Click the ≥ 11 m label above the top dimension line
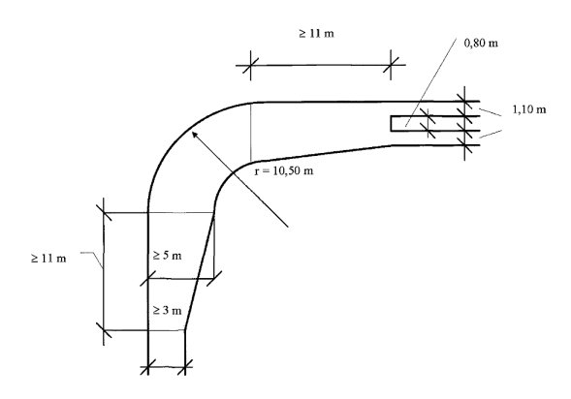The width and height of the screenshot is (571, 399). [316, 34]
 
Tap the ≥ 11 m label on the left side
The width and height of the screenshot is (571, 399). [48, 259]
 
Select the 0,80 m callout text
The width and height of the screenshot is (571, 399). [481, 43]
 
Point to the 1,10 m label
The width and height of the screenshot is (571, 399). [529, 109]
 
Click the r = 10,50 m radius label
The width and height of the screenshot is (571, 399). [284, 170]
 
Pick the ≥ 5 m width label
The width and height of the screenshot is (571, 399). [167, 256]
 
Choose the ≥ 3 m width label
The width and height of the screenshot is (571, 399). [167, 310]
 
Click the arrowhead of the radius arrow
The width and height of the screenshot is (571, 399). [194, 134]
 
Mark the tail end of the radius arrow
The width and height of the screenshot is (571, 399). [288, 227]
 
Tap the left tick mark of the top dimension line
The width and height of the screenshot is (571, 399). [250, 66]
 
